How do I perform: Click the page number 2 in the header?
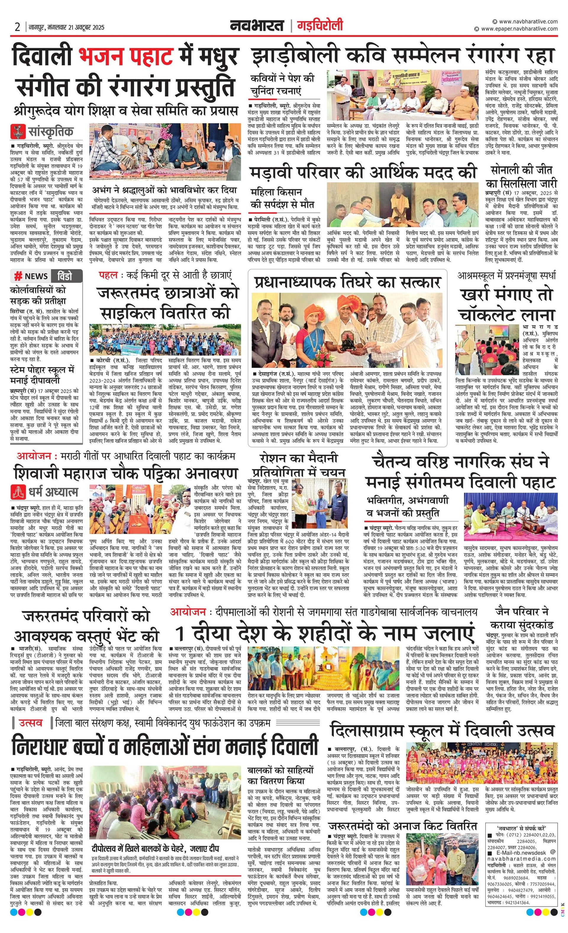(17, 27)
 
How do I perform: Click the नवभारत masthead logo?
(257, 26)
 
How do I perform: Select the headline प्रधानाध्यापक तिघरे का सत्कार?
(347, 282)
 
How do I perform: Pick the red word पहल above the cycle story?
(108, 275)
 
